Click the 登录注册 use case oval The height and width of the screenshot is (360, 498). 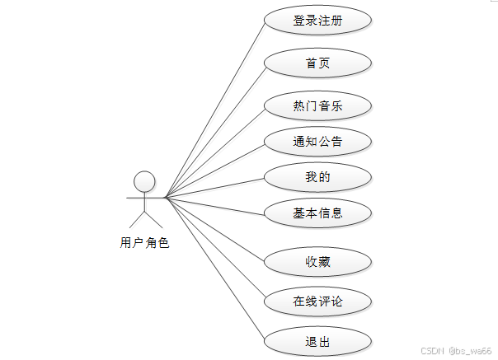[317, 21]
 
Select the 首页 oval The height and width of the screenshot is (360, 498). [317, 63]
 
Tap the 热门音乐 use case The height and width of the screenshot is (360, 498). [317, 105]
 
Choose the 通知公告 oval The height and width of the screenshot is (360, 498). [317, 141]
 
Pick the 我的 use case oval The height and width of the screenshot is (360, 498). [317, 176]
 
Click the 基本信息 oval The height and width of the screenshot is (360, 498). [317, 213]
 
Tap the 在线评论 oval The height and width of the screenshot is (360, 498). [317, 301]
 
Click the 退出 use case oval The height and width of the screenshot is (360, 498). [317, 339]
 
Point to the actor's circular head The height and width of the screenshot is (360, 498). [144, 181]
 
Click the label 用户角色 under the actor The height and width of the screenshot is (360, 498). [144, 242]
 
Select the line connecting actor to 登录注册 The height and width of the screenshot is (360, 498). [214, 109]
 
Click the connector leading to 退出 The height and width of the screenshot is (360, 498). [214, 268]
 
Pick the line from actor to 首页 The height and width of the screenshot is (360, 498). [214, 130]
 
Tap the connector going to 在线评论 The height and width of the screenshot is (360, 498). [214, 249]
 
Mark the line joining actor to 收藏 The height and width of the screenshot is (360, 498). [214, 230]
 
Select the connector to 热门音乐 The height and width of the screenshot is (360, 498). [214, 152]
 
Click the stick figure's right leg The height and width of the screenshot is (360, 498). [154, 218]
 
